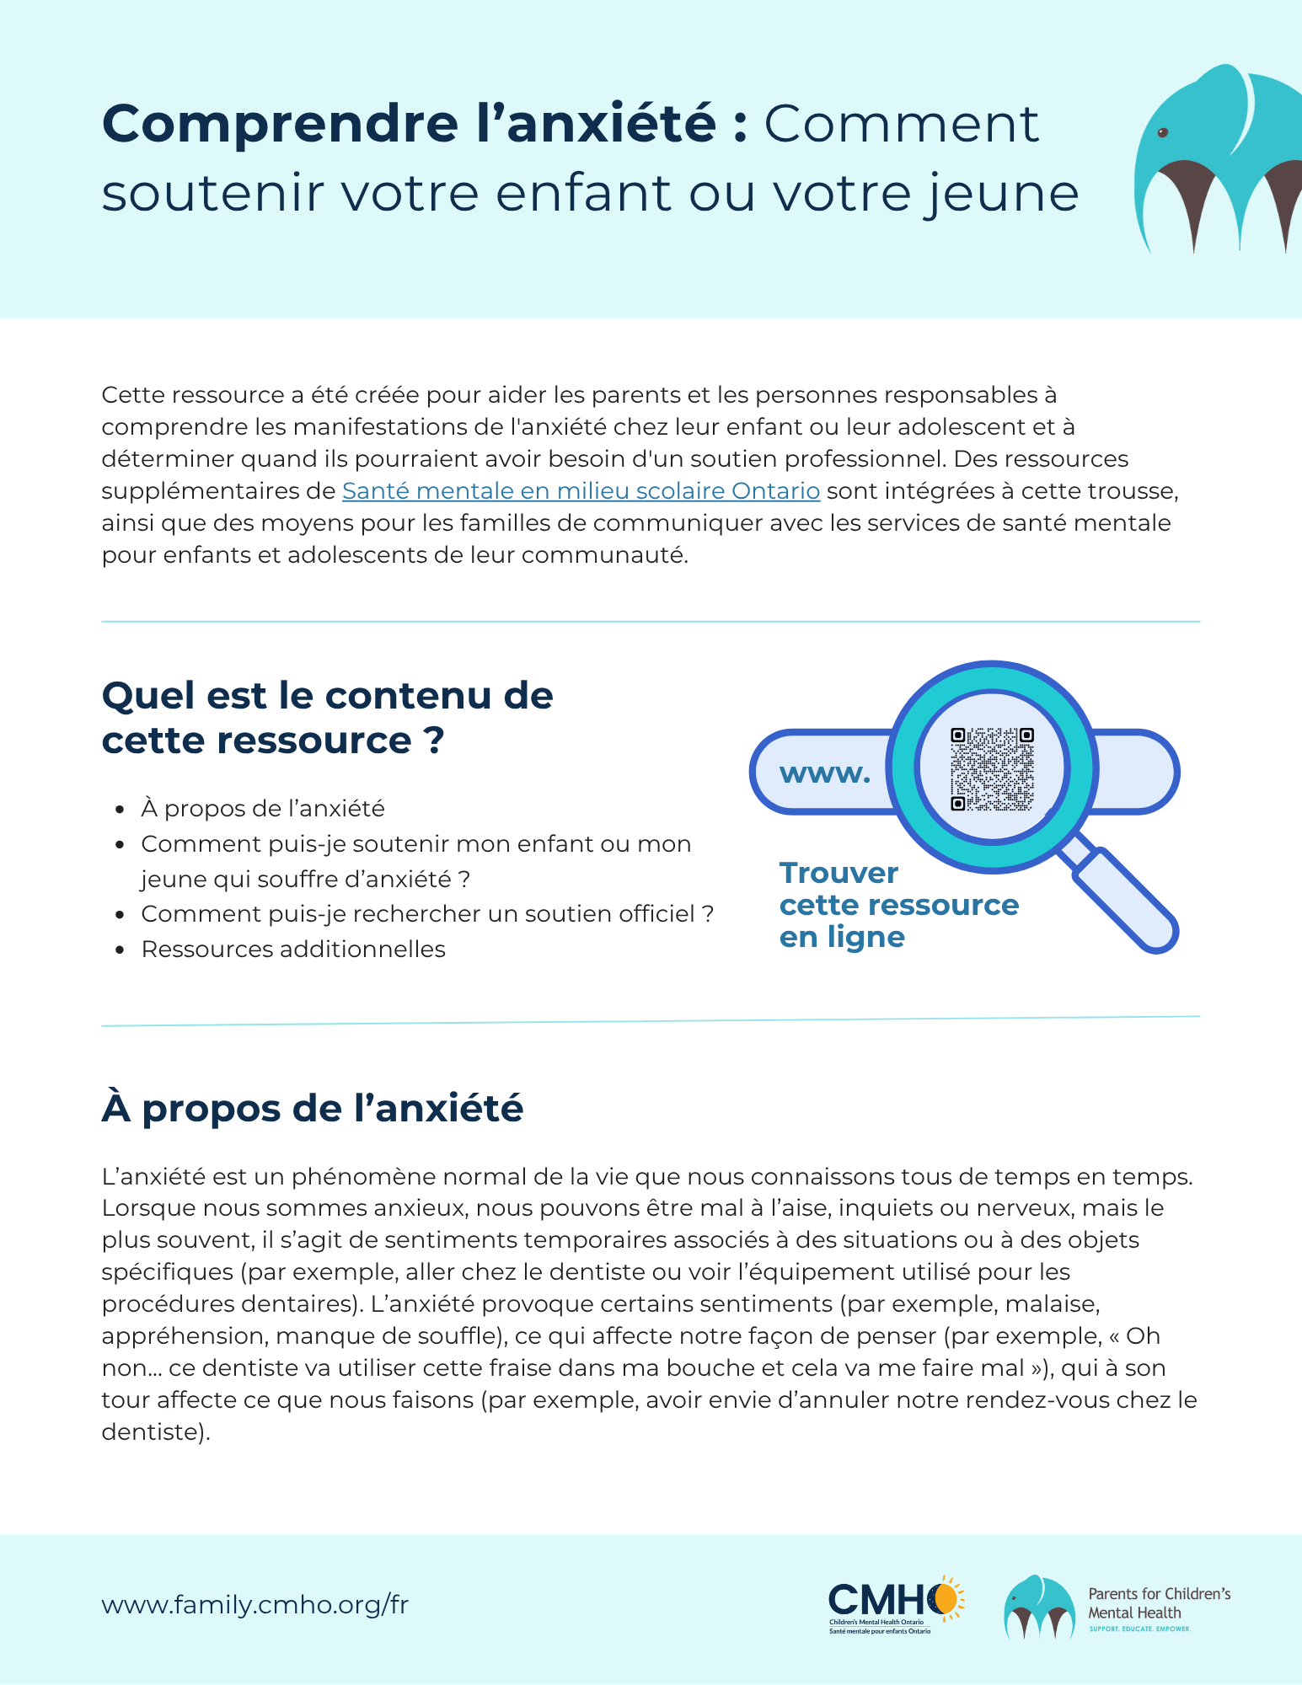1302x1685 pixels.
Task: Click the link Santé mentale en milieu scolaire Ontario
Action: (581, 491)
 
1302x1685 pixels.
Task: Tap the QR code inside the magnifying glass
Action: (992, 769)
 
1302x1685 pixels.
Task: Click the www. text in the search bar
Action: (825, 773)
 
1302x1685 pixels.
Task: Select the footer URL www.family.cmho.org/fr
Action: (255, 1605)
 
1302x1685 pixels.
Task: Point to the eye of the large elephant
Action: (1164, 133)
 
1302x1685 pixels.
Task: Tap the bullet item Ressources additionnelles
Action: (293, 949)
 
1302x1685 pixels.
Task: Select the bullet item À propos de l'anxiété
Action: (263, 809)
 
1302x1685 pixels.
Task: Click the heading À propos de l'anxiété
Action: (313, 1108)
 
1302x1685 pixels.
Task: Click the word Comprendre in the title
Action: (280, 124)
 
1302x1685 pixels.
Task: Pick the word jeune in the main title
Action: (1001, 193)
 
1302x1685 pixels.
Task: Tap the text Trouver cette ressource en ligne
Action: (898, 905)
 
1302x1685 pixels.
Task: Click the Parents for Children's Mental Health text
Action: (1159, 1603)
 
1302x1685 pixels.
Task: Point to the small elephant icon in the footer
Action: (1039, 1606)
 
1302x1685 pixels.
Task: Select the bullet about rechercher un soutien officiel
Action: (427, 914)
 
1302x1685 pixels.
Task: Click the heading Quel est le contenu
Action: (327, 718)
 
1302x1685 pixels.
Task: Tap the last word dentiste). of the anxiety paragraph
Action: (155, 1432)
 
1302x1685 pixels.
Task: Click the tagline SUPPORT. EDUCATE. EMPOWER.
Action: (1139, 1629)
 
